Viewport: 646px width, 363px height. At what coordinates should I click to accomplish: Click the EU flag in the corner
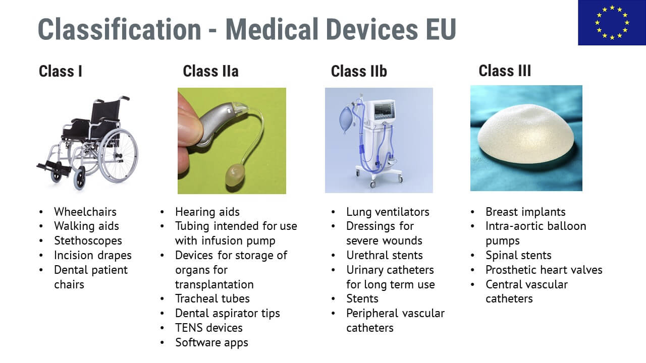[x=612, y=23]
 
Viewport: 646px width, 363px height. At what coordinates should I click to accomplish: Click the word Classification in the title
[x=120, y=29]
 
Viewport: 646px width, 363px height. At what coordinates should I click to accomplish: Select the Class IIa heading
[x=211, y=71]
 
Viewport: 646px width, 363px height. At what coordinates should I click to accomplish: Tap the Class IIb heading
[x=359, y=71]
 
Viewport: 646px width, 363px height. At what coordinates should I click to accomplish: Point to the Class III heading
[x=505, y=71]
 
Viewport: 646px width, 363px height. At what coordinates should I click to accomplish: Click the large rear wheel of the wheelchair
[x=136, y=156]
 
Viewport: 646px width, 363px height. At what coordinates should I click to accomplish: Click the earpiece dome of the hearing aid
[x=235, y=174]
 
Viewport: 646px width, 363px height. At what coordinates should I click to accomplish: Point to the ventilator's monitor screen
[x=384, y=111]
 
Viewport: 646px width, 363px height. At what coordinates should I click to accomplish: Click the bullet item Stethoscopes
[x=88, y=241]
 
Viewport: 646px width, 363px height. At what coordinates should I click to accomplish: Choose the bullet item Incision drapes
[x=92, y=256]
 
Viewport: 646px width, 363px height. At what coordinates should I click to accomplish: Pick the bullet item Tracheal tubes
[x=212, y=299]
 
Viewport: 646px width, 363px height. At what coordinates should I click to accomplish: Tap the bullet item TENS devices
[x=209, y=328]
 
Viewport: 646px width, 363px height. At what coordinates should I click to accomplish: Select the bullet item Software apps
[x=211, y=343]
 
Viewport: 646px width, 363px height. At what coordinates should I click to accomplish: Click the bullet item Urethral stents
[x=385, y=255]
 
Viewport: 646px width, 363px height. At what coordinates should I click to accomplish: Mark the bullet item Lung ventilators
[x=388, y=212]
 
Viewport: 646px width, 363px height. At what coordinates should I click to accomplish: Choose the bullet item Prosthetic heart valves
[x=544, y=270]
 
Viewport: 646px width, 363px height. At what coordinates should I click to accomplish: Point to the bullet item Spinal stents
[x=518, y=256]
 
